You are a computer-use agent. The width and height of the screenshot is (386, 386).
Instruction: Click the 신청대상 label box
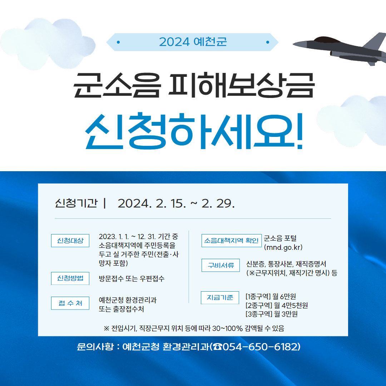pyautogui.click(x=70, y=241)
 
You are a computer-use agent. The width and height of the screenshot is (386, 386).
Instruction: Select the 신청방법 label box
pyautogui.click(x=70, y=278)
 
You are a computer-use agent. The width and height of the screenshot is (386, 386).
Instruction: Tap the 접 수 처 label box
pyautogui.click(x=70, y=303)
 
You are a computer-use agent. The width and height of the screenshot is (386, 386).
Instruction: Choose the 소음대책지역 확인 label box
pyautogui.click(x=231, y=241)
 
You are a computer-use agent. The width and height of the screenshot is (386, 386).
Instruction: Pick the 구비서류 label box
pyautogui.click(x=221, y=265)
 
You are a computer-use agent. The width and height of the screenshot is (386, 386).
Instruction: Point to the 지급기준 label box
pyautogui.click(x=220, y=298)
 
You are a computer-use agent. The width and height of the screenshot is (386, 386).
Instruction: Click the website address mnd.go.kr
pyautogui.click(x=283, y=247)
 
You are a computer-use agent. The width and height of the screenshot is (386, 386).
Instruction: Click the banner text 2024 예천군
pyautogui.click(x=193, y=42)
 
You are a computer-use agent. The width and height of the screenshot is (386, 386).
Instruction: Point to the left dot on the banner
pyautogui.click(x=118, y=42)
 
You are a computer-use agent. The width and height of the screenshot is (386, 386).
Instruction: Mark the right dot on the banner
pyautogui.click(x=268, y=42)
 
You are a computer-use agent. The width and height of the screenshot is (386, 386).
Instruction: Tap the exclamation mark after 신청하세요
pyautogui.click(x=300, y=131)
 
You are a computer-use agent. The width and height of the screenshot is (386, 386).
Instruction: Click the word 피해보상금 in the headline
pyautogui.click(x=242, y=85)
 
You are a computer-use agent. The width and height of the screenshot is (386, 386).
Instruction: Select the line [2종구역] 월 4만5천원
pyautogui.click(x=276, y=305)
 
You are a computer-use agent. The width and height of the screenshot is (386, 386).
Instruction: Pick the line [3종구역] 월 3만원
pyautogui.click(x=272, y=314)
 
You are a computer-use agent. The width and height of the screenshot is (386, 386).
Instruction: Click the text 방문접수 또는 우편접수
pyautogui.click(x=132, y=279)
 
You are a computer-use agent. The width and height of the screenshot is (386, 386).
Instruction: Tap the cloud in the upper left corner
pyautogui.click(x=48, y=43)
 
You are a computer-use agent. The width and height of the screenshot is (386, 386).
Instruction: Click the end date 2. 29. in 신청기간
pyautogui.click(x=218, y=204)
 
